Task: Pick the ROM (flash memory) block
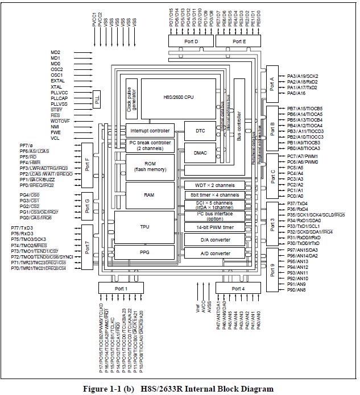pyautogui.click(x=150, y=167)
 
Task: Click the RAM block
pyautogui.click(x=150, y=194)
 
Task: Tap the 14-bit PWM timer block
pyautogui.click(x=214, y=227)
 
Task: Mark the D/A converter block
pyautogui.click(x=214, y=240)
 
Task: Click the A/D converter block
pyautogui.click(x=214, y=253)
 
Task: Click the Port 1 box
pyautogui.click(x=121, y=289)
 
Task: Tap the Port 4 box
pyautogui.click(x=239, y=289)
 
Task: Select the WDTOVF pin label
pyautogui.click(x=60, y=120)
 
